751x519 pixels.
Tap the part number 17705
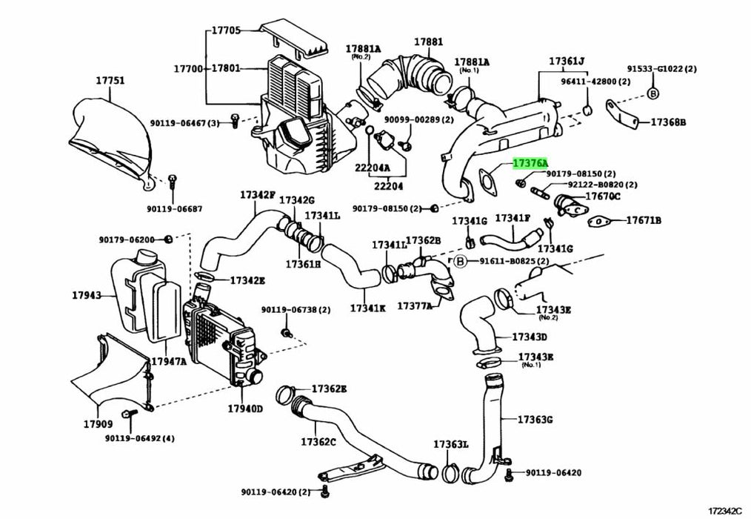coord(226,30)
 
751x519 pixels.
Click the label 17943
coord(87,295)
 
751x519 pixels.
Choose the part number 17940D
coord(244,407)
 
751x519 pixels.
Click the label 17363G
coord(535,420)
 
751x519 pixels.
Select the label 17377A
coord(414,305)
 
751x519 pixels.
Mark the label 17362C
coord(318,442)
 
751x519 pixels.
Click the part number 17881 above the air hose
coord(428,42)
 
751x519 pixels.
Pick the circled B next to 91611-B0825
coord(460,261)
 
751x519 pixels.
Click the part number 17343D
coord(532,337)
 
